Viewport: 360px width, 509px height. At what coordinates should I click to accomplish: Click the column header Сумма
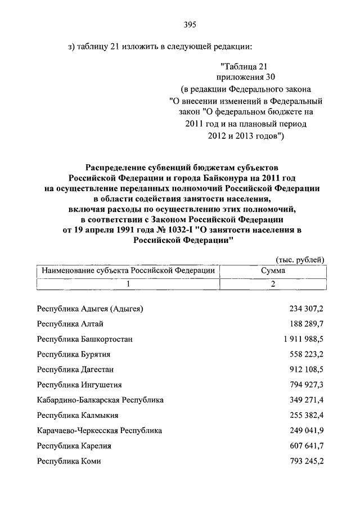[x=273, y=271]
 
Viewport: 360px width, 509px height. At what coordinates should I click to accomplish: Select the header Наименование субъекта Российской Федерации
[x=128, y=271]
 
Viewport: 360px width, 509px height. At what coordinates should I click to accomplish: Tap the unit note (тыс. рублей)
[x=300, y=259]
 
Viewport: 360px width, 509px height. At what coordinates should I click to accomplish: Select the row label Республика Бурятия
[x=73, y=355]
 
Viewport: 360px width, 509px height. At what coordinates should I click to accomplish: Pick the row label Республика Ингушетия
[x=79, y=385]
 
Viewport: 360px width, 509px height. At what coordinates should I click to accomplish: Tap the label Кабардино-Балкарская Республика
[x=100, y=400]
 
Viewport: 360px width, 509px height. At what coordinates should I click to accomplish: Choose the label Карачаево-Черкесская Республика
[x=99, y=431]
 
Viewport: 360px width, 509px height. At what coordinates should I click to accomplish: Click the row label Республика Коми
[x=69, y=461]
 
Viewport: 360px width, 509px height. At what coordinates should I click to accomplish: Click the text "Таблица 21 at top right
[x=246, y=66]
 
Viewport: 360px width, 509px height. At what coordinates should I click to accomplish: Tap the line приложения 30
[x=245, y=78]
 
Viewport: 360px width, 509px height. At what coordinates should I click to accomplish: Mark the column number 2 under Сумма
[x=273, y=284]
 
